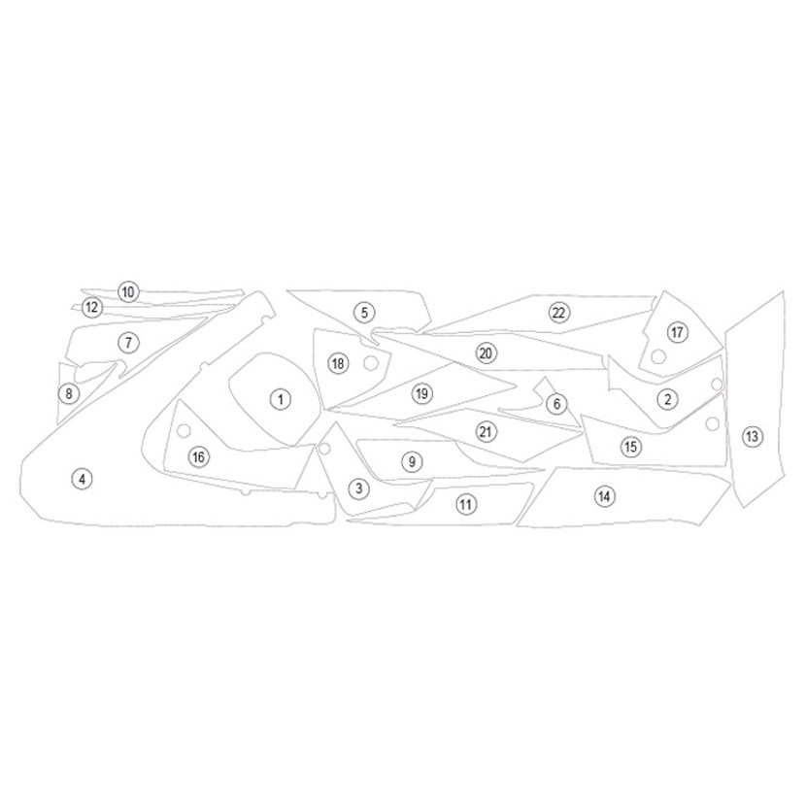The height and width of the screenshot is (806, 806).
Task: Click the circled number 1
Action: (281, 399)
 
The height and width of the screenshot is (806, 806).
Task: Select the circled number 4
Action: (83, 479)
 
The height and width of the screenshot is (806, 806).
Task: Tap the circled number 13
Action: (752, 437)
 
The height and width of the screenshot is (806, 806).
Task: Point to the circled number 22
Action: (558, 313)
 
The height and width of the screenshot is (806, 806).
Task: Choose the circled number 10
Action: (128, 292)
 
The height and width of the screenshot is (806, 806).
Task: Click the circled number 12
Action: (92, 308)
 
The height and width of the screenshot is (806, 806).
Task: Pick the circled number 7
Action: (128, 343)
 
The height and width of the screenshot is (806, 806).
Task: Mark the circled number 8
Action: (69, 393)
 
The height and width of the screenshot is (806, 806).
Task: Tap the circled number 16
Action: (198, 456)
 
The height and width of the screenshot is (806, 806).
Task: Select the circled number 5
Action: (364, 312)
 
